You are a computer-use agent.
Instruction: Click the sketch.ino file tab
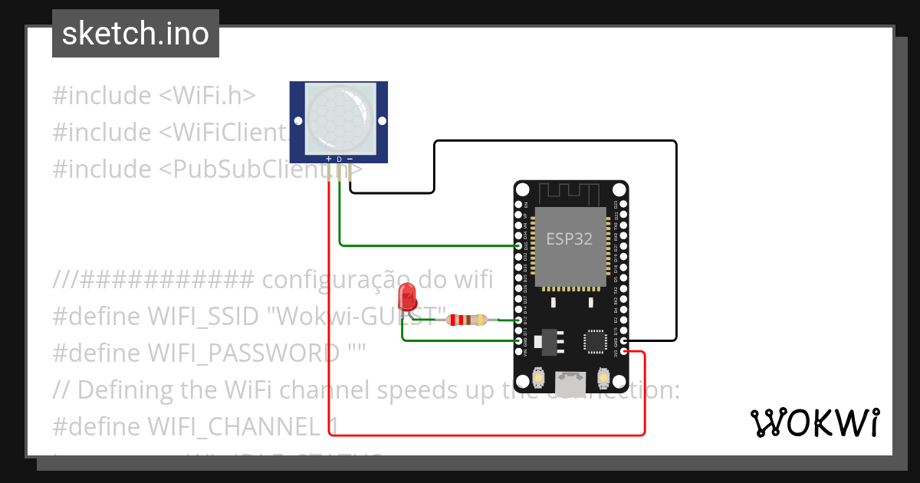[x=136, y=34]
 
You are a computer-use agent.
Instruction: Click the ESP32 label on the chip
[x=569, y=238]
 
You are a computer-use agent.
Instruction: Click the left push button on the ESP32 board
[x=540, y=377]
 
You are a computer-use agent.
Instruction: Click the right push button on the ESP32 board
[x=603, y=377]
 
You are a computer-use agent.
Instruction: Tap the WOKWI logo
[x=814, y=422]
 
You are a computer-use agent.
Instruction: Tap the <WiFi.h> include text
[x=207, y=96]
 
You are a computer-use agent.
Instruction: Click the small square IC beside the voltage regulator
[x=595, y=341]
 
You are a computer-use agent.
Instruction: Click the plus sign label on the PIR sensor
[x=329, y=159]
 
